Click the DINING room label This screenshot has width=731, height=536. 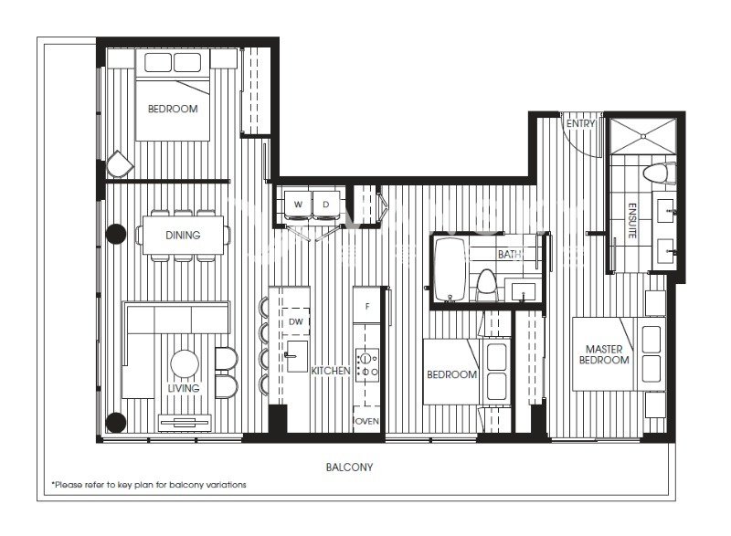pos(183,236)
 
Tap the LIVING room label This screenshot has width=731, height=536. pos(184,388)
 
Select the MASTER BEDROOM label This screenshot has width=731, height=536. pos(604,354)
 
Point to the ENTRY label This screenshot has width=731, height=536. pos(580,123)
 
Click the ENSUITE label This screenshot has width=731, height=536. pos(632,221)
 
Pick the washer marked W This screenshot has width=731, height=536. pos(298,205)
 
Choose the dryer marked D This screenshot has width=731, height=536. pos(326,205)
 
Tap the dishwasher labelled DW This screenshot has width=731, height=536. pos(295,321)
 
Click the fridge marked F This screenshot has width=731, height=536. pos(367,306)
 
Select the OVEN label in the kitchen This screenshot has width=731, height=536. pos(367,421)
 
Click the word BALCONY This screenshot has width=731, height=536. pos(349,468)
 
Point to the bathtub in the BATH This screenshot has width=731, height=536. pos(450,270)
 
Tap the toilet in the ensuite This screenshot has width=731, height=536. pos(659,173)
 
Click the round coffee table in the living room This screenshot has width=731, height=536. pos(185,363)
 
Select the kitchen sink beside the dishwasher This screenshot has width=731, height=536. pos(297,356)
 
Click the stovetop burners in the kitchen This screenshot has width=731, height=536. pos(367,365)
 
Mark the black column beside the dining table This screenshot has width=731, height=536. pos(116,234)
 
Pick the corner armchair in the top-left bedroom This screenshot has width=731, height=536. pos(121,164)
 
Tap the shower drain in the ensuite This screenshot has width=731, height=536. pos(643,136)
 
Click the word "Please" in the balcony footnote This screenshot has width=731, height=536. pos(68,485)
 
